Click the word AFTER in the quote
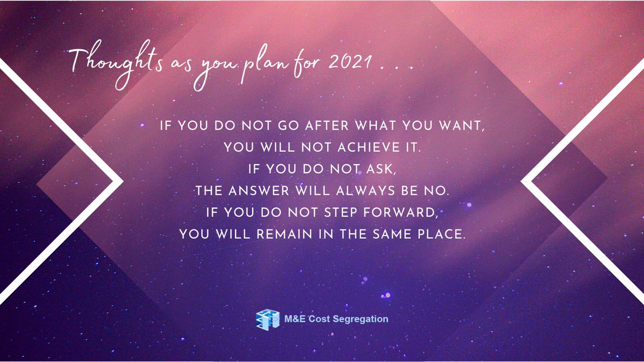[311, 127]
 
